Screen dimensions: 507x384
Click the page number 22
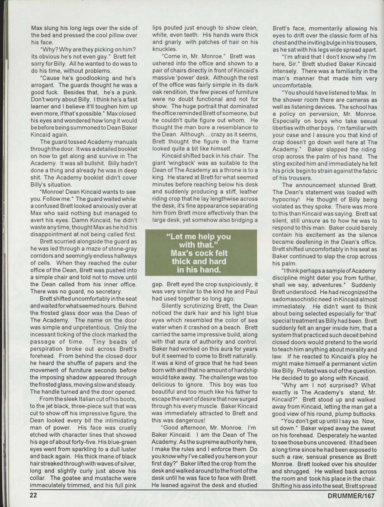[34, 495]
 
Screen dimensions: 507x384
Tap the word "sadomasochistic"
[296, 299]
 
